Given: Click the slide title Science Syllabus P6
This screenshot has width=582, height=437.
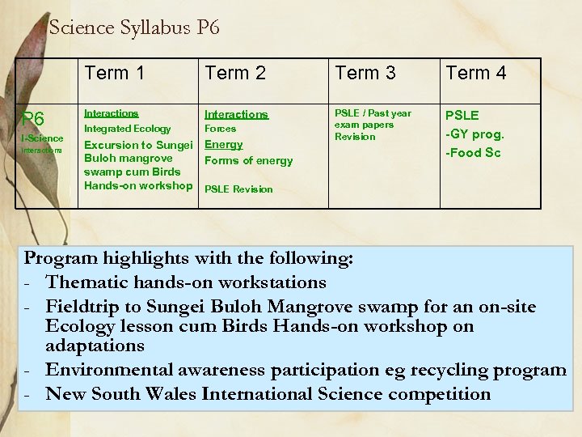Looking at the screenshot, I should coord(134,28).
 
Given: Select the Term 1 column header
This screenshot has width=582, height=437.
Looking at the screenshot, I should coord(114,73).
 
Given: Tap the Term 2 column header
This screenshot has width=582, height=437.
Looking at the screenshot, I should coord(235,73).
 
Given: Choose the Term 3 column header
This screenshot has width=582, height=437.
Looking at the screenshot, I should coord(365,73).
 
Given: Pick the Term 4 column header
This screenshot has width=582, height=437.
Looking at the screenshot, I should coord(476,73).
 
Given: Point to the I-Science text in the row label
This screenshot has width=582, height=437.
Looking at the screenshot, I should coord(42,138).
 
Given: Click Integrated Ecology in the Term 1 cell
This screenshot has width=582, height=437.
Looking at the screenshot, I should coord(128,129).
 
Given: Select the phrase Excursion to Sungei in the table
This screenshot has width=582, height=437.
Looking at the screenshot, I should coord(138,145).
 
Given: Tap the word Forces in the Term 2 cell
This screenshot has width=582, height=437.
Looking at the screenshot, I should coord(221,129).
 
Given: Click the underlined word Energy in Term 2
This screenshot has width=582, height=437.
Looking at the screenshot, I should coord(224,144).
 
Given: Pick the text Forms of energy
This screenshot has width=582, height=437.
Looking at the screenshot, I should coord(249,160).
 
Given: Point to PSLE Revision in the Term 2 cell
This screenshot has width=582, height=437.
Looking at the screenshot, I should coord(238,189).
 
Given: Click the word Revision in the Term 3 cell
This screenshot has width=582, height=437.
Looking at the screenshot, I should coord(355,137).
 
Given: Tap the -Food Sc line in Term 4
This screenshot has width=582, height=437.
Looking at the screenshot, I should coord(474,152).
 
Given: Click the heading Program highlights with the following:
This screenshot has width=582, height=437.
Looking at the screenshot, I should coord(188,259).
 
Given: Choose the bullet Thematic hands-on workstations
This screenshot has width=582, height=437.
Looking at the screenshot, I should coord(186,282).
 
